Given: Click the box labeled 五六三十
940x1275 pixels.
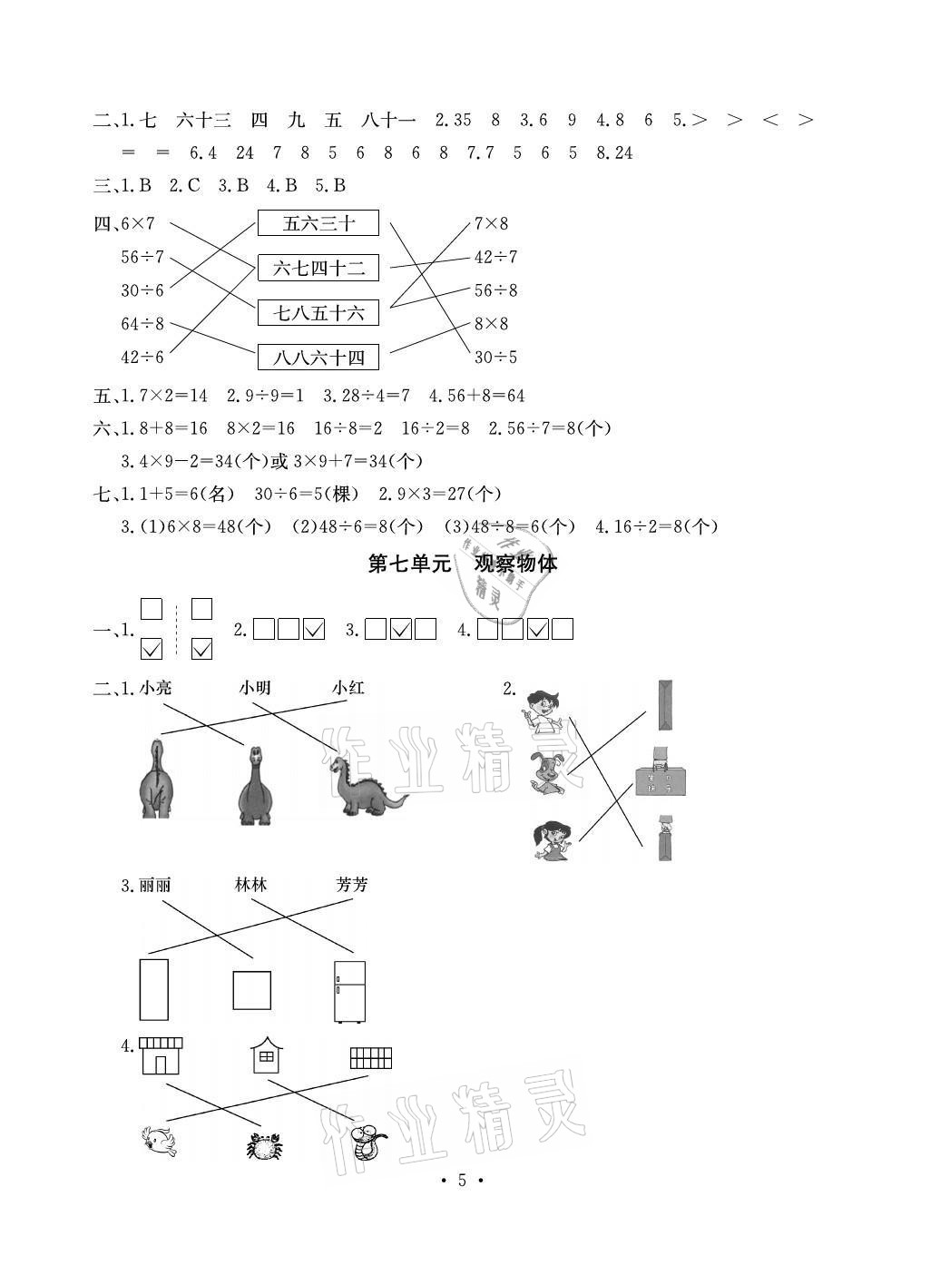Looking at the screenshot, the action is [318, 223].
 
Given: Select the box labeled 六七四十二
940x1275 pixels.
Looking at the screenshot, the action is [318, 268].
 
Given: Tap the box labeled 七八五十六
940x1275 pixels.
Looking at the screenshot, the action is [318, 313].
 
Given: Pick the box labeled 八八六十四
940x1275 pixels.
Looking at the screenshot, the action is [318, 358].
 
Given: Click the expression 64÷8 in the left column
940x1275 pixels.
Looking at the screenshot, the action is [142, 324].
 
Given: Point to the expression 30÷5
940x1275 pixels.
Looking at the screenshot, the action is [495, 357].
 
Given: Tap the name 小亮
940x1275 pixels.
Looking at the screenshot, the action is [155, 688].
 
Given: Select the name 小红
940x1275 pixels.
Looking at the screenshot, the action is [348, 688].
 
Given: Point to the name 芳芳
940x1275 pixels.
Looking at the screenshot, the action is [351, 884].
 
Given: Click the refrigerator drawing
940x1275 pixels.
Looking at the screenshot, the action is [349, 991].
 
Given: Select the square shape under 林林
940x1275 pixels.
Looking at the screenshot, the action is [251, 989].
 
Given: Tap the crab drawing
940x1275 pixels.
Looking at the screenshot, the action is [264, 1146].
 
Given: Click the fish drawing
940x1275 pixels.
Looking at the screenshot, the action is [160, 1141].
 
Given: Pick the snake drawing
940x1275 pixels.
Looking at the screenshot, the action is [368, 1142].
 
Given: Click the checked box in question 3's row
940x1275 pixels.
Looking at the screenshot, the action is [400, 629].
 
